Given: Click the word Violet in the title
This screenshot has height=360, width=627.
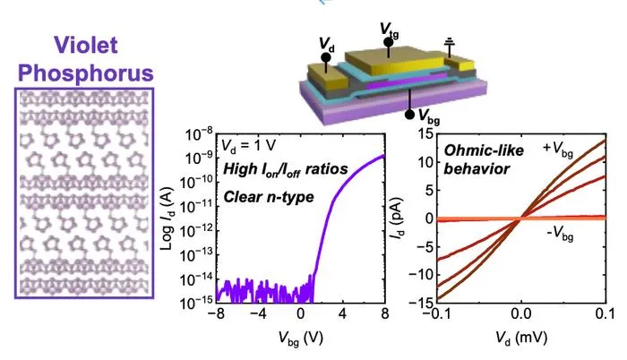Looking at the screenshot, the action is tap(86, 45).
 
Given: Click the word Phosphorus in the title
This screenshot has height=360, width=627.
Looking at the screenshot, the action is tap(86, 73).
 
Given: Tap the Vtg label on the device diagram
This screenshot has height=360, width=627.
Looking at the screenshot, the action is tap(389, 30).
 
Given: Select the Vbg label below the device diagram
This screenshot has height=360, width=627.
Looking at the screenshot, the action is tap(429, 116).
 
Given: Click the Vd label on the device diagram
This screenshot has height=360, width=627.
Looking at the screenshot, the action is tap(327, 45).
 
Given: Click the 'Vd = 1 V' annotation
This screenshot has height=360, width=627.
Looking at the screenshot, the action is tap(248, 146).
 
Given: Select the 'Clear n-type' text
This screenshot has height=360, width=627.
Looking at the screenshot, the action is tap(269, 197).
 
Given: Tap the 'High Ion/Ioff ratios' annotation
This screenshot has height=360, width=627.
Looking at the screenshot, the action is tap(286, 169).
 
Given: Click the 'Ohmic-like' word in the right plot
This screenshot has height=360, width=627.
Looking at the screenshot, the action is tap(484, 150).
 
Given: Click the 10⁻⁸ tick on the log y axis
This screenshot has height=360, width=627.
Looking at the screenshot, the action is tap(199, 135).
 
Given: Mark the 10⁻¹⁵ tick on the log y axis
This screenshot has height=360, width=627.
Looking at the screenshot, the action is tap(199, 304).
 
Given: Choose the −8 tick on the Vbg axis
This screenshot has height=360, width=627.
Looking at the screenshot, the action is tap(217, 313).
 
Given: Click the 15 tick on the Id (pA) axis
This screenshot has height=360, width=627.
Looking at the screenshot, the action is tap(425, 133).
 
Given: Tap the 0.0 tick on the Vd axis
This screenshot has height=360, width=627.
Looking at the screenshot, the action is tap(520, 313).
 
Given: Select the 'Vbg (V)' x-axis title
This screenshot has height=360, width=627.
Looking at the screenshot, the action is tap(300, 339).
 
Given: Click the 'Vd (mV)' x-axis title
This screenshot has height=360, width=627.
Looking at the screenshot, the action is tap(520, 339).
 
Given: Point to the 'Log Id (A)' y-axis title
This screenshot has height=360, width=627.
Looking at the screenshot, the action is tap(167, 219).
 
